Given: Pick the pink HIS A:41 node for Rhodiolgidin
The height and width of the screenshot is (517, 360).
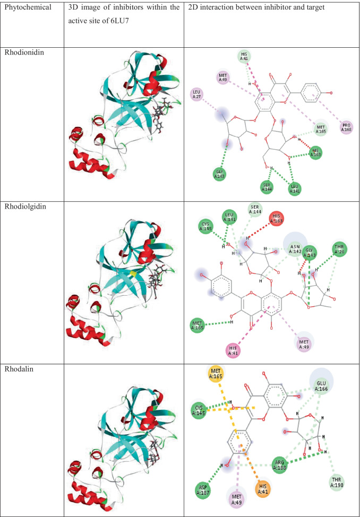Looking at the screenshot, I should click(232, 350).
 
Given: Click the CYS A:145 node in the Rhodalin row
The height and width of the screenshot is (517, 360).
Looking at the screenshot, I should click(199, 409).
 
